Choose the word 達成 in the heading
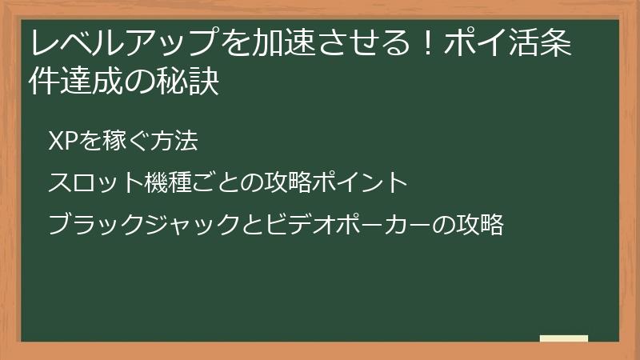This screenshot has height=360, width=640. [93, 82]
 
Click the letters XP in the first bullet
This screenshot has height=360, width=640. [61, 142]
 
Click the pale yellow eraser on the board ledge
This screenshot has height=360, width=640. [564, 338]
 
